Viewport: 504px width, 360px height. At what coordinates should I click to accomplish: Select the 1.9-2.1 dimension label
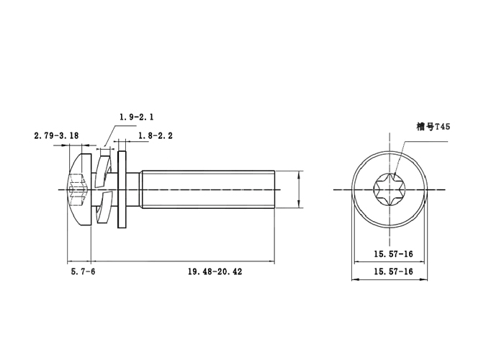click(137, 117)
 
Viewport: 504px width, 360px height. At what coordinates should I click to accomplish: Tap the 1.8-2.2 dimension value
click(155, 135)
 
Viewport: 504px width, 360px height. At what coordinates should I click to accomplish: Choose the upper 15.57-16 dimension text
click(392, 253)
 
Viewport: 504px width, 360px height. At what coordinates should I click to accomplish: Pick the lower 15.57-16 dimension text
click(392, 271)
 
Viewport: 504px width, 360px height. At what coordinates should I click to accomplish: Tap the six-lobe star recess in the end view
click(389, 189)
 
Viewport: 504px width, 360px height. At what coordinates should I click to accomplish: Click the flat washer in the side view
click(123, 189)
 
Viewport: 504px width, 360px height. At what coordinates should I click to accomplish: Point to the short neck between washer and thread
click(135, 189)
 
